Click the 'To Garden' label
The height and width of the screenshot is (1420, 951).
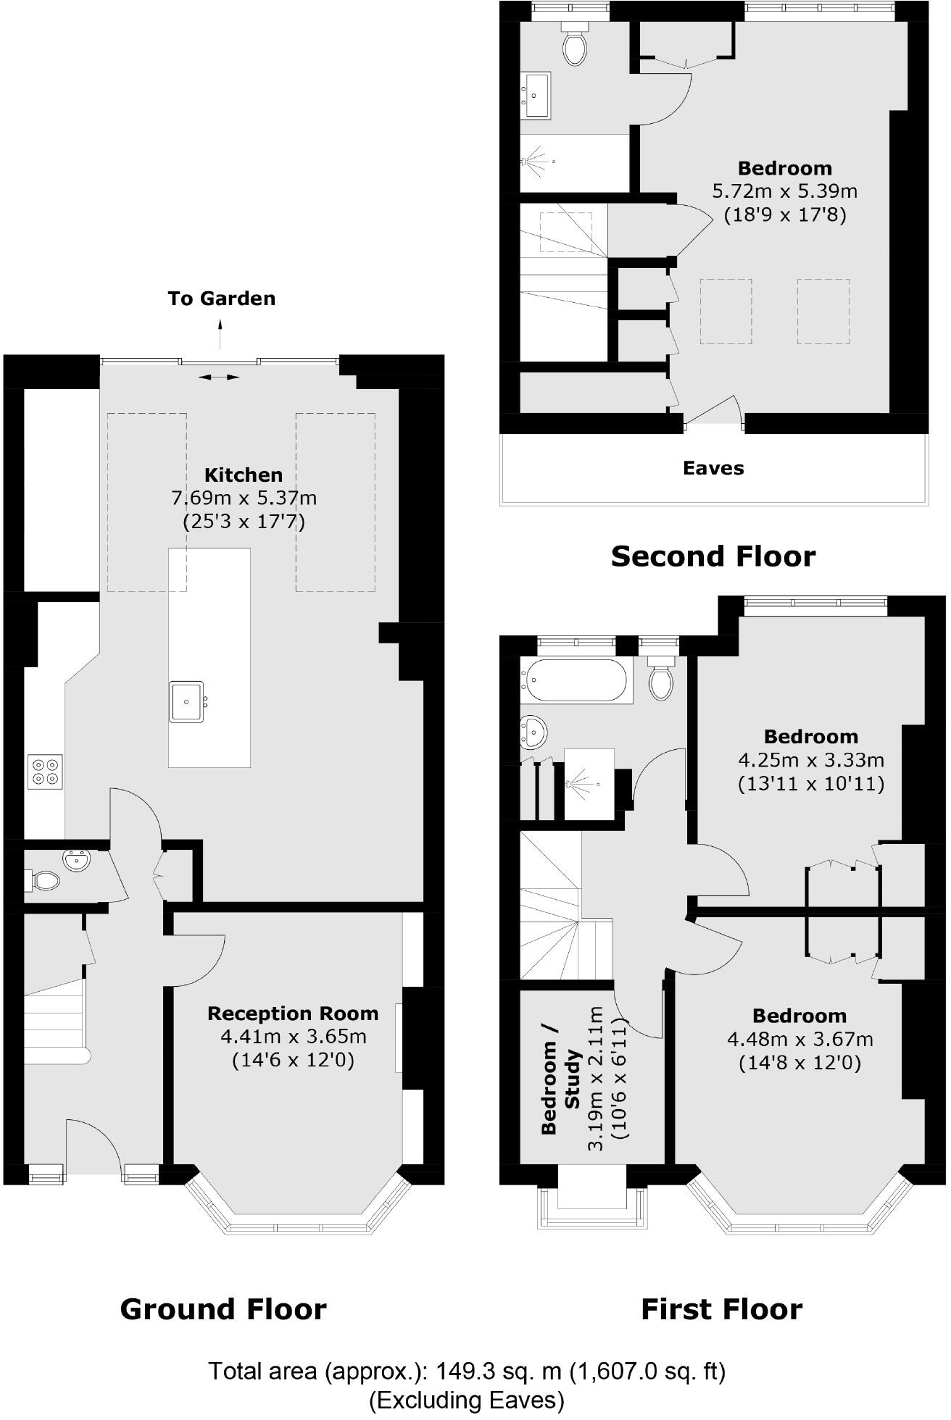[x=221, y=298]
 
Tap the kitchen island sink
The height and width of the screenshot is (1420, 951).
[x=187, y=701]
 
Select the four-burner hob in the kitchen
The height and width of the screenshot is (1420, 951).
[x=45, y=771]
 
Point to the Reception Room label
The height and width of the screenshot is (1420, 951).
[x=293, y=1013]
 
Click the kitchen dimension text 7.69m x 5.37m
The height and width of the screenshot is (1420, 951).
[x=244, y=498]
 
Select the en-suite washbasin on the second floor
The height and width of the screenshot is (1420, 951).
[x=536, y=94]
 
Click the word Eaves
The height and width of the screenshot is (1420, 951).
[x=713, y=468]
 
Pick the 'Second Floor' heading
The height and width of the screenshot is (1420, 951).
[x=713, y=556]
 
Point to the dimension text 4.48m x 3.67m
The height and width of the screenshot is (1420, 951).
[x=800, y=1040]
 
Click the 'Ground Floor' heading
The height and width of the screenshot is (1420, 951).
[x=223, y=1309]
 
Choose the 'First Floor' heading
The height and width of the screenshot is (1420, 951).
[x=722, y=1309]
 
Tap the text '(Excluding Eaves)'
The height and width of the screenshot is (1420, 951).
[x=467, y=1400]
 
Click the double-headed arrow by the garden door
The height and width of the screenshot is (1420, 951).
[x=219, y=377]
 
